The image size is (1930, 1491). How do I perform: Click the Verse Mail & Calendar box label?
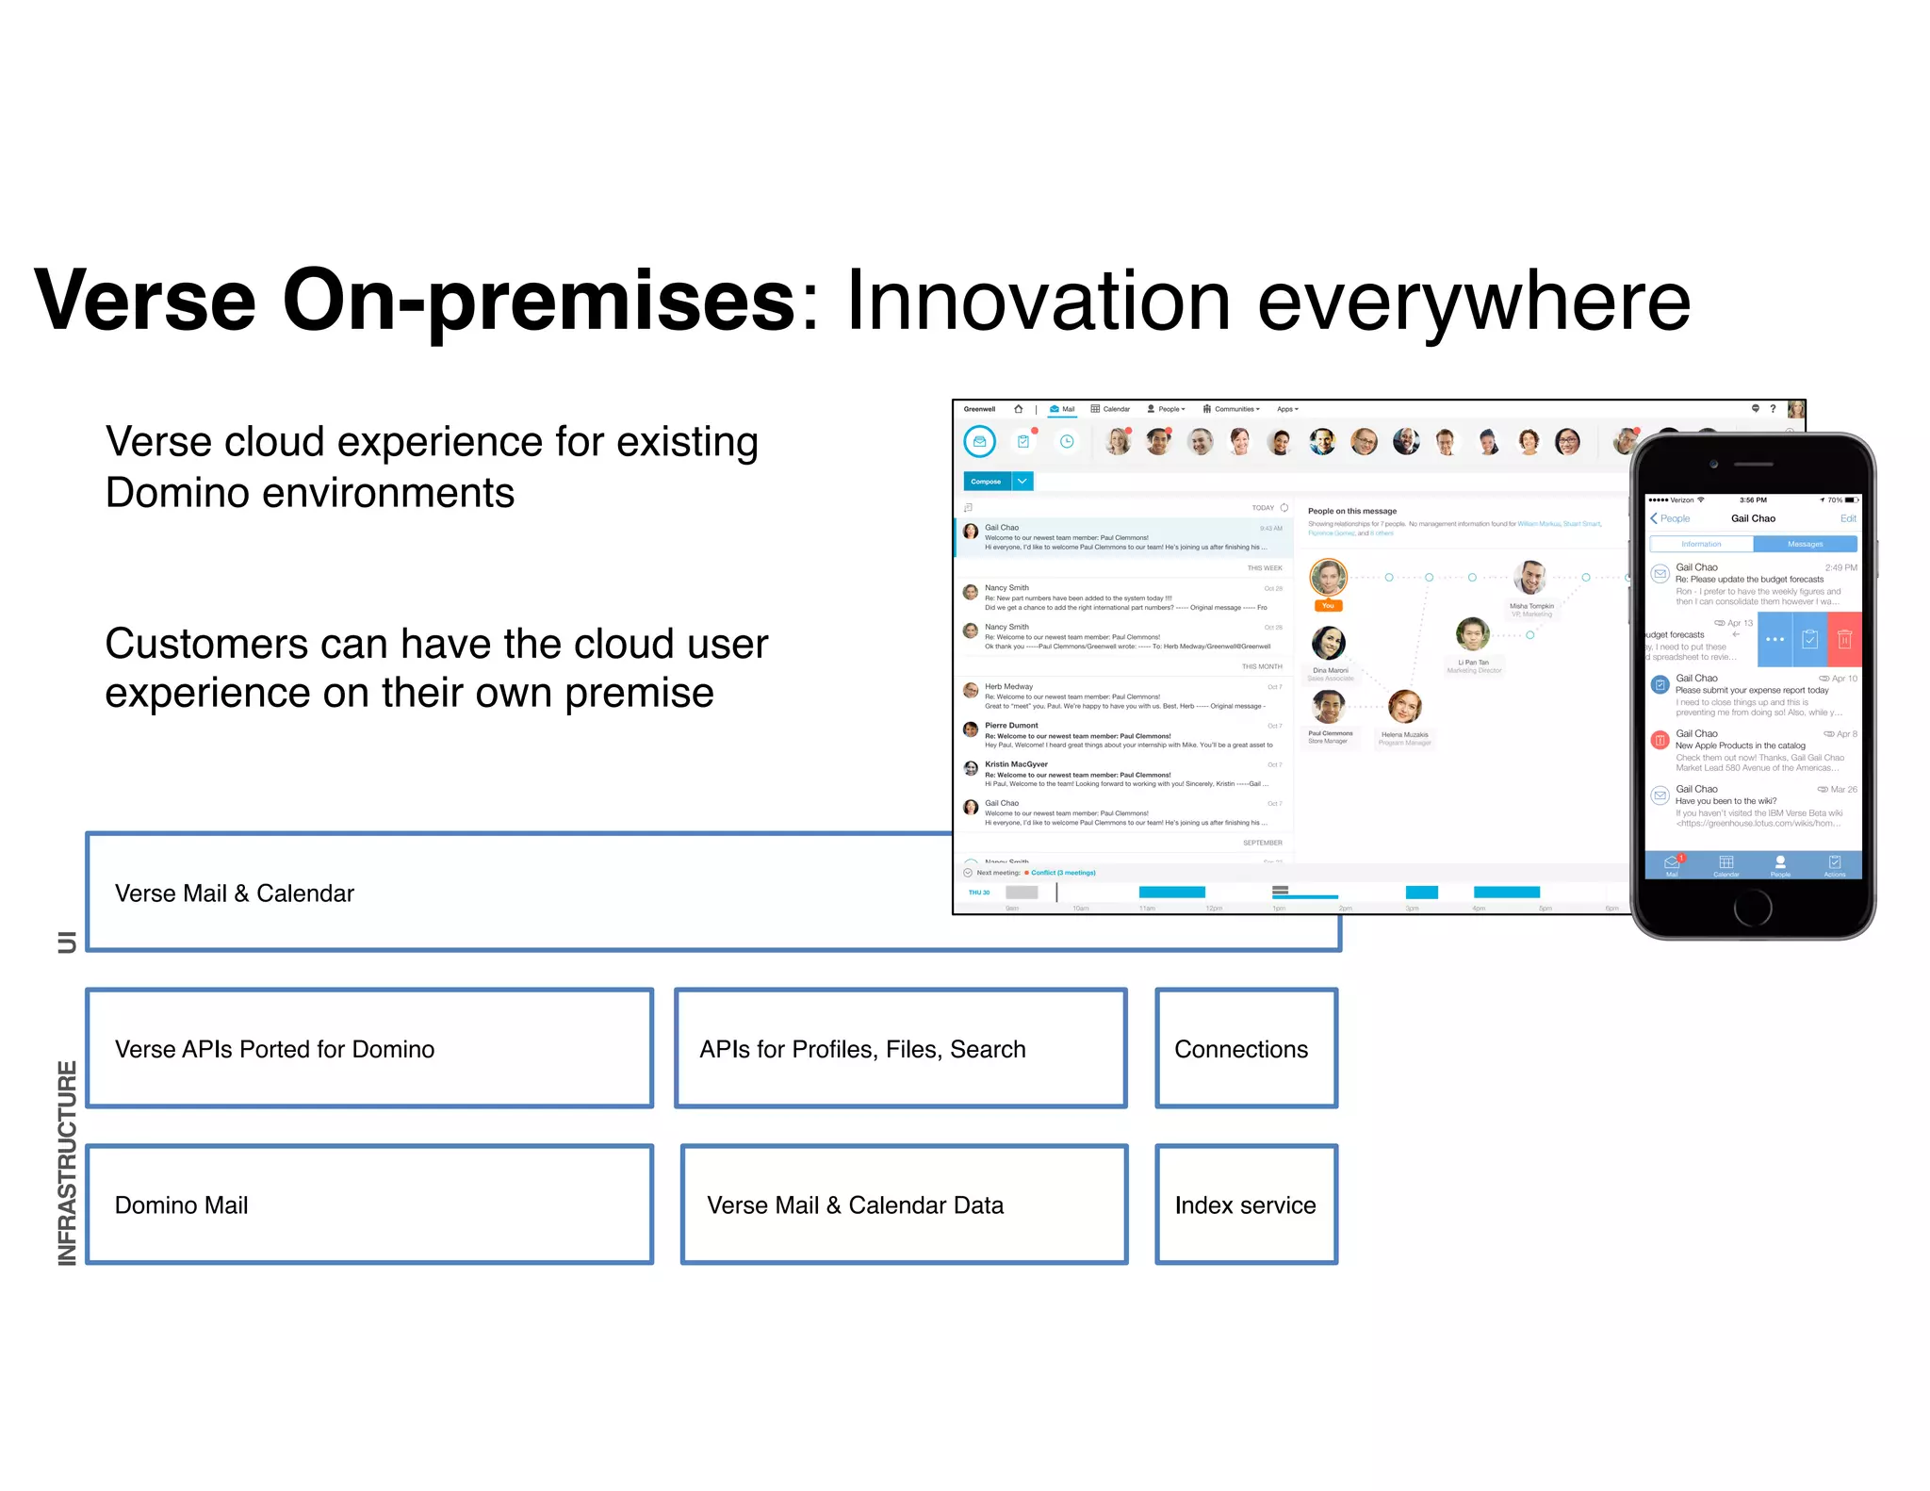pyautogui.click(x=235, y=893)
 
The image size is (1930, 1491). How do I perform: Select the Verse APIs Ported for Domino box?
pyautogui.click(x=369, y=1049)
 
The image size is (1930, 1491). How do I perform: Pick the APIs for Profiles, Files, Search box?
pyautogui.click(x=900, y=1049)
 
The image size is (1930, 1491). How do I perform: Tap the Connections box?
pyautogui.click(x=1245, y=1049)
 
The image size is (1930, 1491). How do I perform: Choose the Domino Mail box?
pyautogui.click(x=369, y=1204)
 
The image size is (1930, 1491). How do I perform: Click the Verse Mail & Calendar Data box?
pyautogui.click(x=903, y=1204)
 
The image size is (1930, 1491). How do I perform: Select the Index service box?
pyautogui.click(x=1245, y=1204)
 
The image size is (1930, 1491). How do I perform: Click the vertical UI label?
pyautogui.click(x=67, y=942)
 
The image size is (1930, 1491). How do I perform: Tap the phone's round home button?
pyautogui.click(x=1752, y=907)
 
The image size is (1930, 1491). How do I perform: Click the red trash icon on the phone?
pyautogui.click(x=1844, y=639)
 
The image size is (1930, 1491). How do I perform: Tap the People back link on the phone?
pyautogui.click(x=1671, y=518)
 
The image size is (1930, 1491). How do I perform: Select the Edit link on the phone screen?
pyautogui.click(x=1847, y=518)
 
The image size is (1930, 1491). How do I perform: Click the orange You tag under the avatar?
pyautogui.click(x=1328, y=606)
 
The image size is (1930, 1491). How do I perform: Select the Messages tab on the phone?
pyautogui.click(x=1805, y=544)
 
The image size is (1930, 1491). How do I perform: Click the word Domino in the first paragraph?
pyautogui.click(x=176, y=493)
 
